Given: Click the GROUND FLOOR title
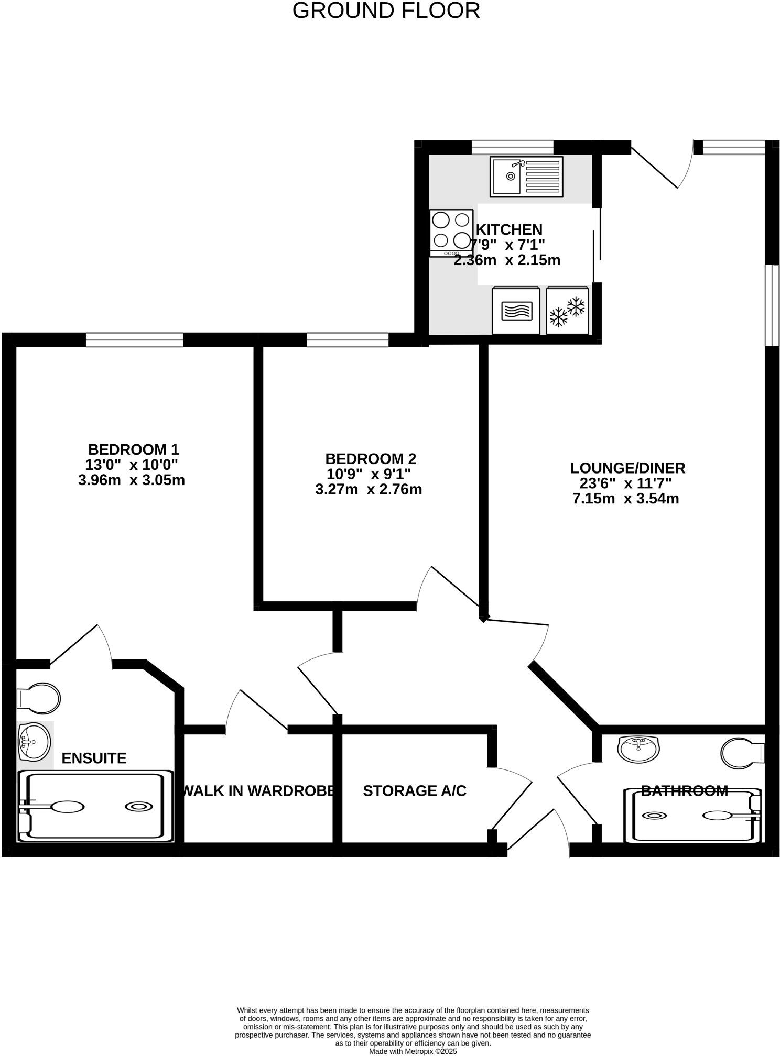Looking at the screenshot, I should (386, 11).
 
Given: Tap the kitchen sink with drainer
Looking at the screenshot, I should (526, 177).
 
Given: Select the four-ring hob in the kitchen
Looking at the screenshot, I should (451, 233).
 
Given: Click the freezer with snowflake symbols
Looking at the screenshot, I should (567, 310).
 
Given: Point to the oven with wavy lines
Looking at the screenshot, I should (516, 310).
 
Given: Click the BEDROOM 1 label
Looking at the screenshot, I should (133, 449).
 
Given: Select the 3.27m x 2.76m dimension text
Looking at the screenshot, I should (369, 490).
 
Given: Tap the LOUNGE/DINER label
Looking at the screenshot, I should (627, 468).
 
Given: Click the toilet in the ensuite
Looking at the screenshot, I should (39, 698).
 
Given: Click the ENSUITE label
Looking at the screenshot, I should (94, 758).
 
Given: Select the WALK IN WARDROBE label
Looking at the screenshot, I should (258, 791).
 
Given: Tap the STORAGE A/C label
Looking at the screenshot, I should (414, 791).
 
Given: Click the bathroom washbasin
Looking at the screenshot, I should (638, 749).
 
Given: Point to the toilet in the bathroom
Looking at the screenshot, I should (742, 753).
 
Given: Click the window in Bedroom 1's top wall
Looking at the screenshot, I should (135, 340).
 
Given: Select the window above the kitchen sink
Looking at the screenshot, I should (512, 147).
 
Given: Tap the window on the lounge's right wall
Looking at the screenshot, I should (772, 305).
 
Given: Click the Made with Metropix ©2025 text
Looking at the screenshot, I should (413, 1051).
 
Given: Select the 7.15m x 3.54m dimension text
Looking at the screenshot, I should (625, 499).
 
